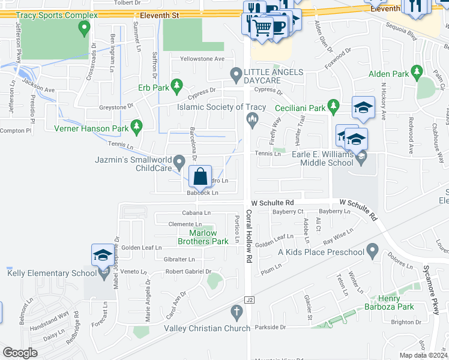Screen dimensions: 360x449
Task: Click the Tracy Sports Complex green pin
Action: point(84,28)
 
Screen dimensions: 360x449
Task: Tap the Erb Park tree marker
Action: point(176,87)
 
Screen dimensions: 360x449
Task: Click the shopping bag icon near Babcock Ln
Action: point(200,177)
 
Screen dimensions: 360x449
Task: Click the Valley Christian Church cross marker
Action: point(237,312)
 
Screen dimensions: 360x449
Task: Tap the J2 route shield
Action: point(250,299)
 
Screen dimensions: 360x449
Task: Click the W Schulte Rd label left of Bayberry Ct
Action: point(273,203)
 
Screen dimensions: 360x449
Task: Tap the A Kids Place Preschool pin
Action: point(373,249)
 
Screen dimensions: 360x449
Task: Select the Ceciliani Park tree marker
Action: point(334,107)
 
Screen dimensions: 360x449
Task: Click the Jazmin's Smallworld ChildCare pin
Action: point(179,161)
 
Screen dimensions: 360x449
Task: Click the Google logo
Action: point(20,353)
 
